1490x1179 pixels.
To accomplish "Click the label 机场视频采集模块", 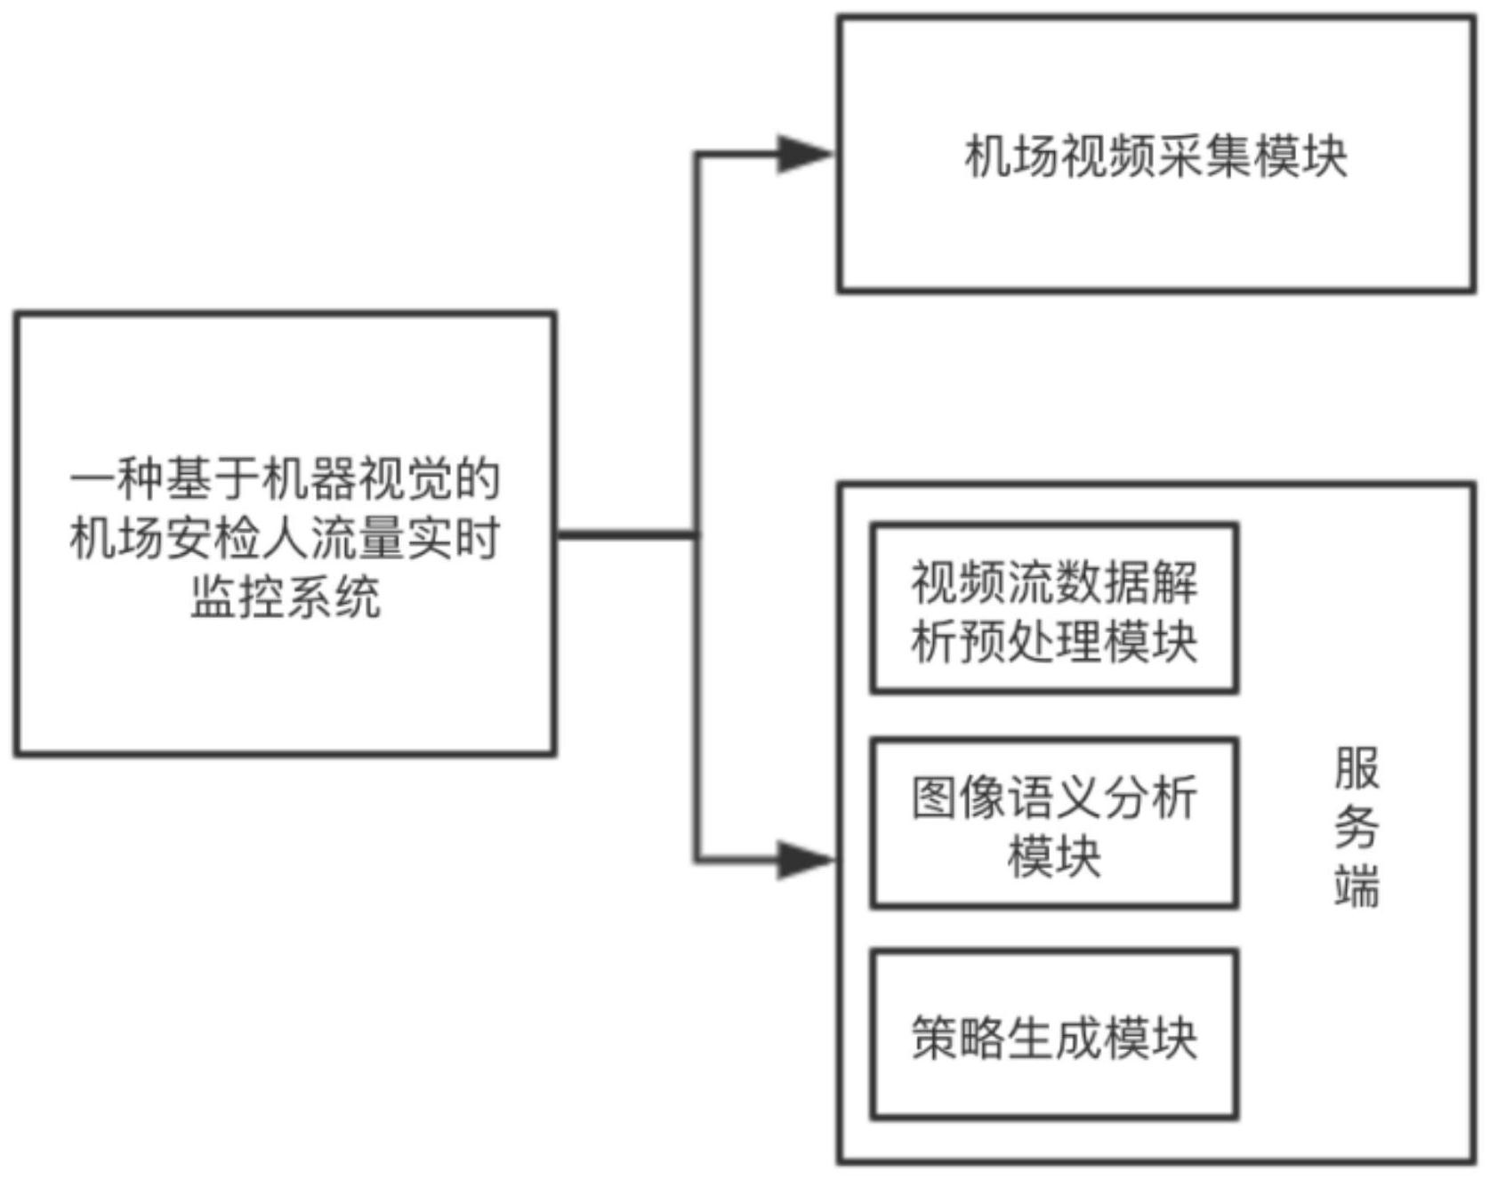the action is coord(1156,156).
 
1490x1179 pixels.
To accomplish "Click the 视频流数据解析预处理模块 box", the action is coord(1054,608).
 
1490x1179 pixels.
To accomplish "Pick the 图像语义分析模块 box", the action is coord(1054,822).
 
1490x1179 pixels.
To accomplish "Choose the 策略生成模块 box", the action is coord(1054,1034).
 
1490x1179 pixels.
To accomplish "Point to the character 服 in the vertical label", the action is coord(1357,769).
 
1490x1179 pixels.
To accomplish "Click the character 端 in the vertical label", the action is coord(1357,886).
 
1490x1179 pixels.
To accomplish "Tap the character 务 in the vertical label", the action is coord(1357,828).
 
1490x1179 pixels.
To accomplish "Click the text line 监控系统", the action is coord(286,596).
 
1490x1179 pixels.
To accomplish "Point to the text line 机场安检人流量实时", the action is coord(286,538).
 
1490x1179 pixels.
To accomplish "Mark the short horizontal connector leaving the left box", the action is coord(626,534).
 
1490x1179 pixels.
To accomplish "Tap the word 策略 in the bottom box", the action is coord(958,1037).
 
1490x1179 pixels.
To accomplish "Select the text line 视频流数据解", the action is coord(1054,581).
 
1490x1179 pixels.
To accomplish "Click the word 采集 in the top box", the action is coord(1204,156).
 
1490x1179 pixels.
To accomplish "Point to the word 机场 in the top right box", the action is coord(1012,156).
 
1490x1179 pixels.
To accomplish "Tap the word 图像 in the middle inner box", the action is coord(958,797).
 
